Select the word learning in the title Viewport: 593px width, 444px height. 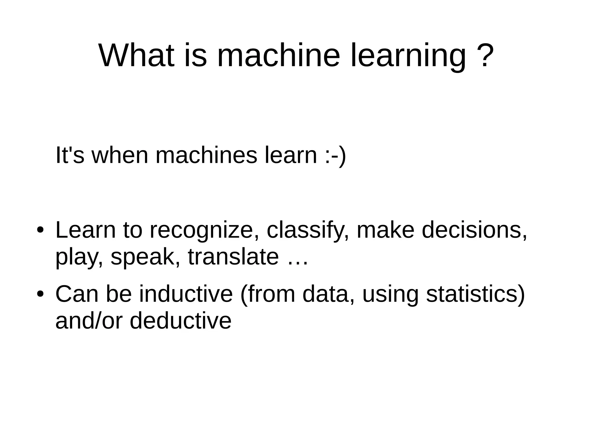click(x=408, y=56)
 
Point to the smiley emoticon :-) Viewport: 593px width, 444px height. click(x=335, y=155)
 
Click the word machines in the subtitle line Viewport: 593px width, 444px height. click(x=206, y=155)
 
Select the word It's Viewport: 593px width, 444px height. click(x=69, y=155)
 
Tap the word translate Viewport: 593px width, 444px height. click(x=233, y=257)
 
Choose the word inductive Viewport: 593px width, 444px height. click(x=186, y=294)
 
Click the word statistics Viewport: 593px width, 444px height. click(x=475, y=294)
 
